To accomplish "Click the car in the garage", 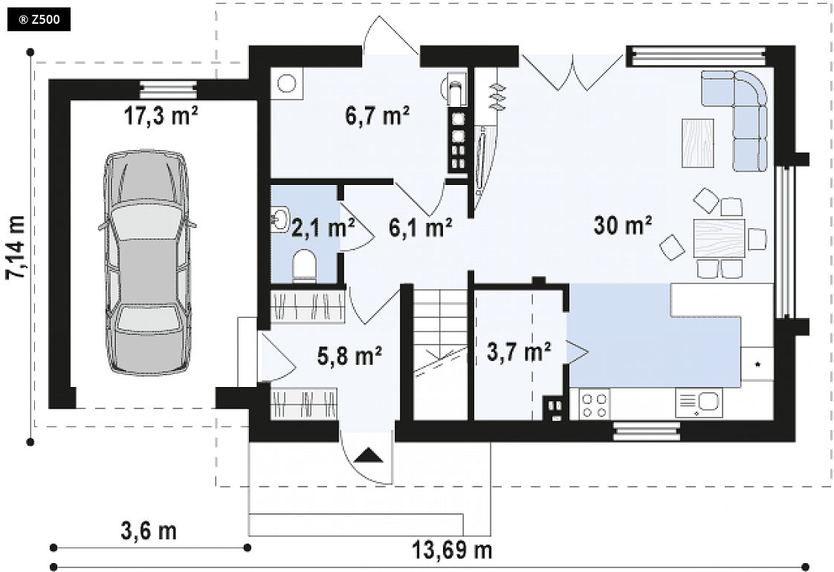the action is pos(146,263).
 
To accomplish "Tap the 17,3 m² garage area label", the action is pos(161,115).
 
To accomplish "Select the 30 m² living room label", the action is pos(623,225).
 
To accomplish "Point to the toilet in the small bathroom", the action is pos(305,264).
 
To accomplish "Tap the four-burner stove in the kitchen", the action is pos(594,405).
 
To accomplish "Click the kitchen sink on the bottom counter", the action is pos(699,403).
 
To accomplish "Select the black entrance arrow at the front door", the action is pos(369,456).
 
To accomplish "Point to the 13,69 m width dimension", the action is pos(452,550).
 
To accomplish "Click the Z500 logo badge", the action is pos(39,20).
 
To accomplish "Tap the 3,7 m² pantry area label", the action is pos(519,351).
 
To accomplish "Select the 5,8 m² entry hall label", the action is pos(349,356).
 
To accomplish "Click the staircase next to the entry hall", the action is pos(440,354).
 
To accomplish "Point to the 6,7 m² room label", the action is pos(377,115).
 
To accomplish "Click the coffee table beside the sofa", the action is pos(698,143).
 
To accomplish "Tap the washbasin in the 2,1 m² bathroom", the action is pos(279,219).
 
